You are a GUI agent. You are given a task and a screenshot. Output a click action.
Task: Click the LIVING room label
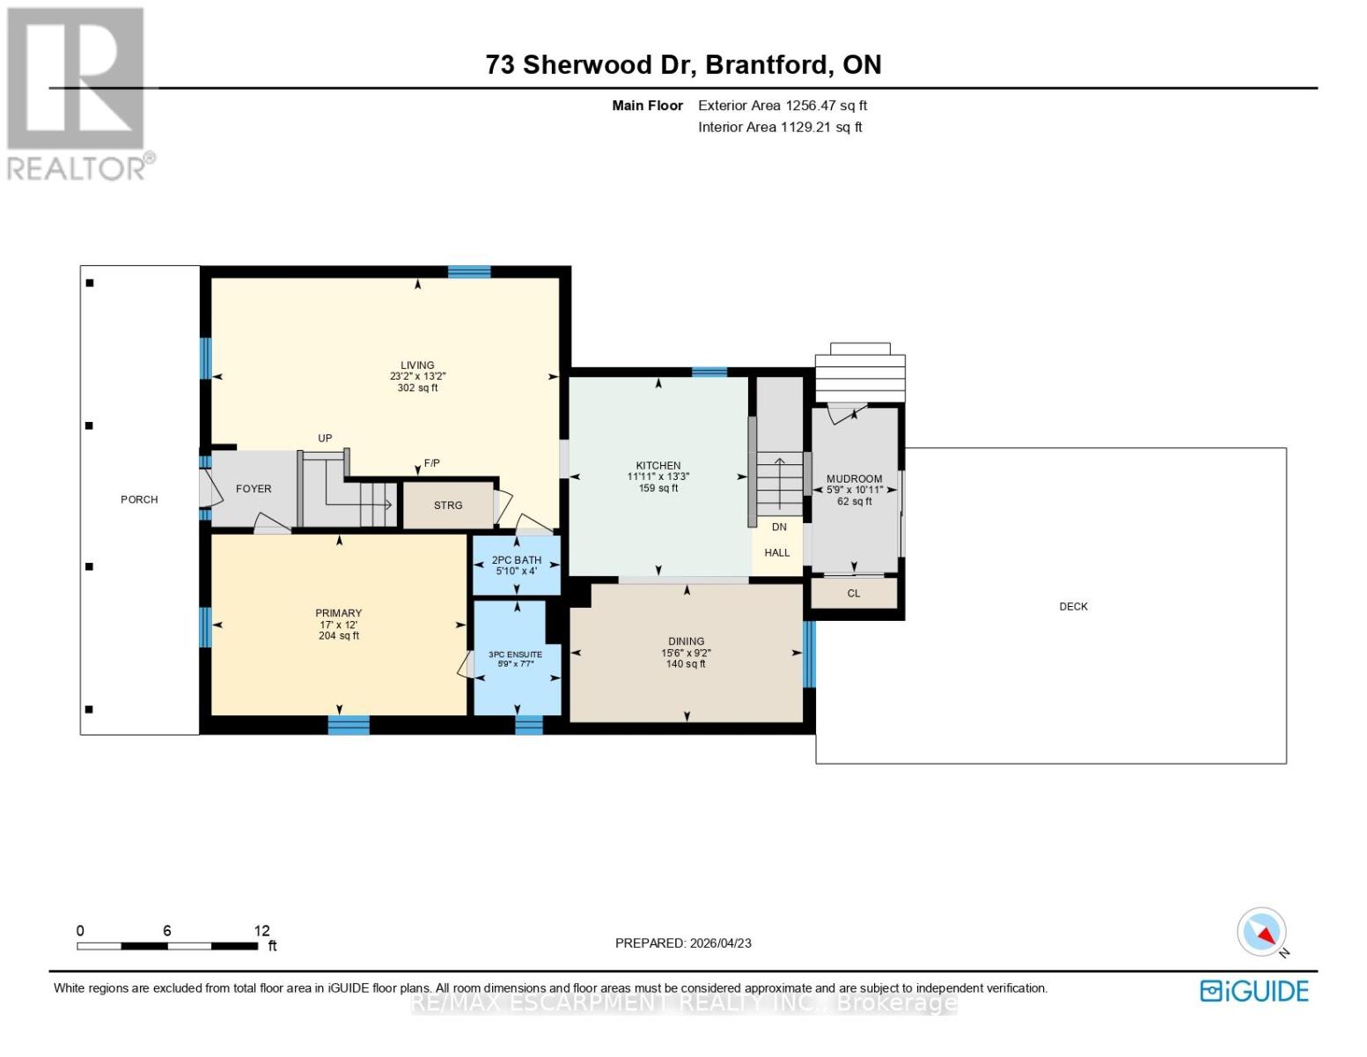pyautogui.click(x=417, y=365)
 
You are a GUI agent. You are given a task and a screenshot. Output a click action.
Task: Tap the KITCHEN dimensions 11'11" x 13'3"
pyautogui.click(x=658, y=477)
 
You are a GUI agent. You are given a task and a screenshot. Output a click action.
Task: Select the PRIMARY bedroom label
pyautogui.click(x=339, y=613)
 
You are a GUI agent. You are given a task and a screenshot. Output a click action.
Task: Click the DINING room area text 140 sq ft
pyautogui.click(x=686, y=664)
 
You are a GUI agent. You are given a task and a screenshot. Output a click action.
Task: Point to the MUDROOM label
pyautogui.click(x=854, y=479)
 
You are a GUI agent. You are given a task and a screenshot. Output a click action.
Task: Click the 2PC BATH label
pyautogui.click(x=517, y=560)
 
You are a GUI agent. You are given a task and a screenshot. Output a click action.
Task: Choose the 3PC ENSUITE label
pyautogui.click(x=516, y=654)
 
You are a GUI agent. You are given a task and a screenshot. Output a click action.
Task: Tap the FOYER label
pyautogui.click(x=254, y=489)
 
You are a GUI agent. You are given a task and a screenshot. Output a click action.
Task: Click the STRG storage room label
pyautogui.click(x=448, y=506)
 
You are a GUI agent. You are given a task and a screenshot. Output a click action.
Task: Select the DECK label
pyautogui.click(x=1073, y=606)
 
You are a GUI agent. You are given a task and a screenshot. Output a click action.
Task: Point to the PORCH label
pyautogui.click(x=139, y=499)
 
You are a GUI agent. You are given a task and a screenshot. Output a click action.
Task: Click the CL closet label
pyautogui.click(x=853, y=594)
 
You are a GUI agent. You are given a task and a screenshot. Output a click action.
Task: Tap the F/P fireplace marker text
pyautogui.click(x=431, y=463)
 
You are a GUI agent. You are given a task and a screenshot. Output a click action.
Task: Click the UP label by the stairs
pyautogui.click(x=325, y=439)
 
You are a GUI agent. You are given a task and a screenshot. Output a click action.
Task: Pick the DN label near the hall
pyautogui.click(x=779, y=528)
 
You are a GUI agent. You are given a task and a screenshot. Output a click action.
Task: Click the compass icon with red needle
pyautogui.click(x=1261, y=932)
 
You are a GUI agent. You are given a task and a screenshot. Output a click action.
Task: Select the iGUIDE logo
pyautogui.click(x=1253, y=991)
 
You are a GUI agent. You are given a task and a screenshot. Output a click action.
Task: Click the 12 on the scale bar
pyautogui.click(x=261, y=931)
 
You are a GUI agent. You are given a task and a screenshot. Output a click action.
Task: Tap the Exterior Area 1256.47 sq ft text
pyautogui.click(x=783, y=106)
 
